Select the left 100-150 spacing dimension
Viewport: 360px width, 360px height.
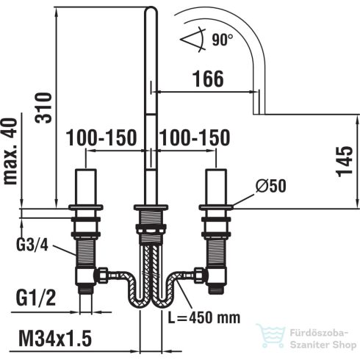pyautogui.click(x=101, y=137)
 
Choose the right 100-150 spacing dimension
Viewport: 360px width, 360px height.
pyautogui.click(x=195, y=137)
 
